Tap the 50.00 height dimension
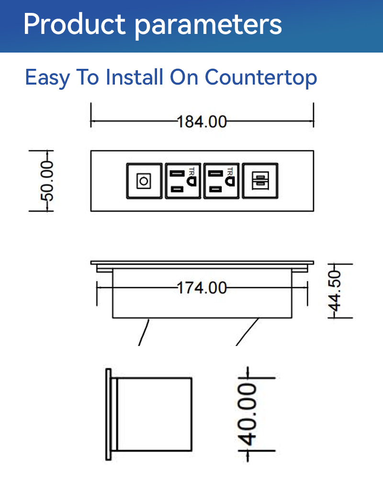[x=47, y=181]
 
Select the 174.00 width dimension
[x=202, y=288]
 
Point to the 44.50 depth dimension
[x=335, y=291]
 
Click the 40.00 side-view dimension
[x=247, y=414]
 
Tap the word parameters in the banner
[x=208, y=26]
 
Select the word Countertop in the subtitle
[x=261, y=77]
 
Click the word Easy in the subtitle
[x=47, y=77]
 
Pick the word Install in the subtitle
[x=134, y=77]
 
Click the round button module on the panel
[x=144, y=181]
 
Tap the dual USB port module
[x=260, y=181]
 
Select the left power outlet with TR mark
[x=183, y=181]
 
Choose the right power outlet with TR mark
[x=222, y=181]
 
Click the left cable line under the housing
[x=144, y=332]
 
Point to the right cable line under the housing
[x=247, y=332]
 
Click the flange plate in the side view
[x=108, y=414]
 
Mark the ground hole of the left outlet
[x=191, y=181]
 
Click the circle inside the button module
[x=144, y=181]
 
